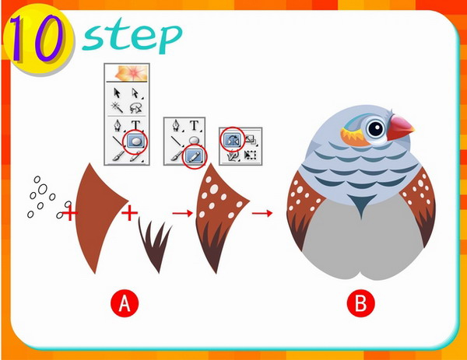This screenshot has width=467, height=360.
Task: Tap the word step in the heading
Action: [x=132, y=37]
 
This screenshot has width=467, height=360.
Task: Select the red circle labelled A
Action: [x=125, y=304]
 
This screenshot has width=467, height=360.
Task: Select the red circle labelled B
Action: [x=361, y=304]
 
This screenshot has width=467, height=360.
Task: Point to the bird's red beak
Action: [x=400, y=127]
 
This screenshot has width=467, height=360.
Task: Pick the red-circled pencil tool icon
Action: [x=194, y=156]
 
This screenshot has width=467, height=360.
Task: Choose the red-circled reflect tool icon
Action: [x=232, y=139]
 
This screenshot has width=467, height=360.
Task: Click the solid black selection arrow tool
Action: [x=117, y=93]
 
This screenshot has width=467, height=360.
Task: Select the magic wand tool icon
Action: [x=117, y=107]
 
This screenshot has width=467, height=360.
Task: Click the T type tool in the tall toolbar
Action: [x=135, y=125]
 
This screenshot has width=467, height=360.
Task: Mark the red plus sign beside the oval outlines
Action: [x=70, y=213]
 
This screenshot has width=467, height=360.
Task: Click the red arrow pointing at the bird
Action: [x=262, y=213]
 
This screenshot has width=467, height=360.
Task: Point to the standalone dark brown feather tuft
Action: [x=155, y=245]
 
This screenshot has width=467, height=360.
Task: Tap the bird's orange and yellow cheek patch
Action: [x=355, y=138]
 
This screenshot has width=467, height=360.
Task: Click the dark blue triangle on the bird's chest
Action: [x=362, y=204]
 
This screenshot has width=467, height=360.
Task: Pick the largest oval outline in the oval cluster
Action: [x=42, y=189]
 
